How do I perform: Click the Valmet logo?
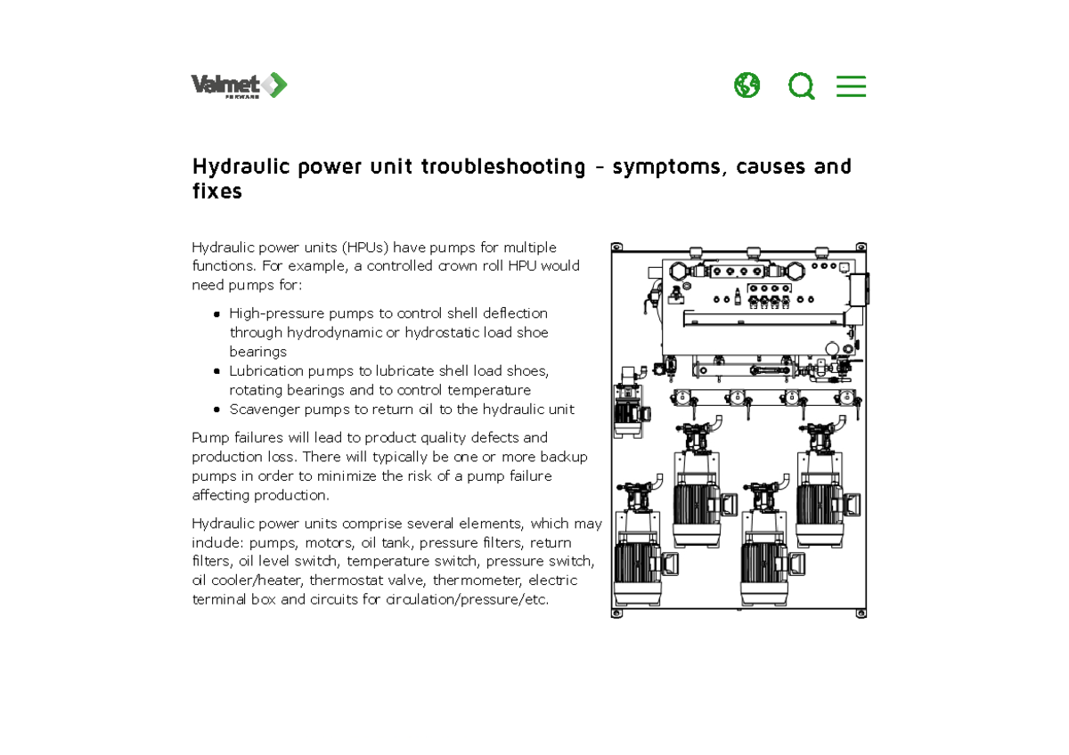239,85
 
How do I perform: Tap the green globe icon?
747,85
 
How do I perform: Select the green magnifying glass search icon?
801,86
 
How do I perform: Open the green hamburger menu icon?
851,86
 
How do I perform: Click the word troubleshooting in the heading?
503,166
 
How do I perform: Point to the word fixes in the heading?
217,191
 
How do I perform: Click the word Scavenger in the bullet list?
263,410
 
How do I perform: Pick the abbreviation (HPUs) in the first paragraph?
360,248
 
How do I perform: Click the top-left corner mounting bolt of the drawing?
616,248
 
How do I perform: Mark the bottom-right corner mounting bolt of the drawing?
861,613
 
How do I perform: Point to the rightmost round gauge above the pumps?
843,399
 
